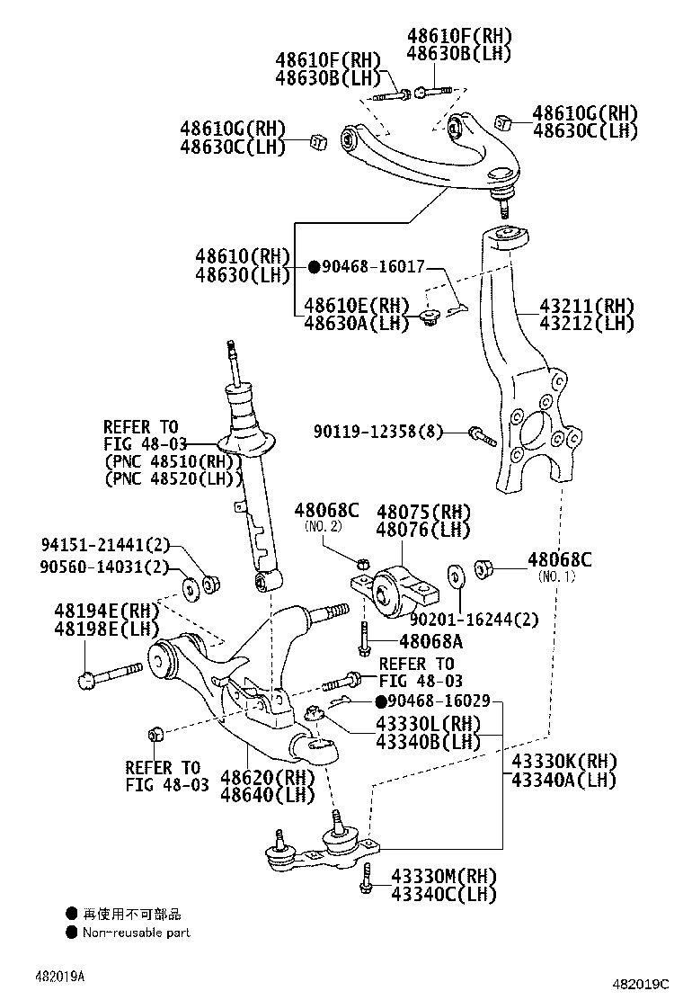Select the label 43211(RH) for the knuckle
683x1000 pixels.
[586, 304]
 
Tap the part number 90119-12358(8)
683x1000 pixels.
[378, 433]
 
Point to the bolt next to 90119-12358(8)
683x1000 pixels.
[481, 437]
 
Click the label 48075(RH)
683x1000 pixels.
[422, 511]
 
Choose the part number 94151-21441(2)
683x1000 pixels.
[104, 546]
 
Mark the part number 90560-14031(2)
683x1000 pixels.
[104, 567]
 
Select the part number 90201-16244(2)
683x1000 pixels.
[475, 620]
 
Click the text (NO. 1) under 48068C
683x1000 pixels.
[556, 576]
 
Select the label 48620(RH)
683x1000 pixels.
[267, 777]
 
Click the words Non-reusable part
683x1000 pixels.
[136, 933]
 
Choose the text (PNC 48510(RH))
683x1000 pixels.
[168, 461]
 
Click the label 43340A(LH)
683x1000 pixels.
[563, 780]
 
